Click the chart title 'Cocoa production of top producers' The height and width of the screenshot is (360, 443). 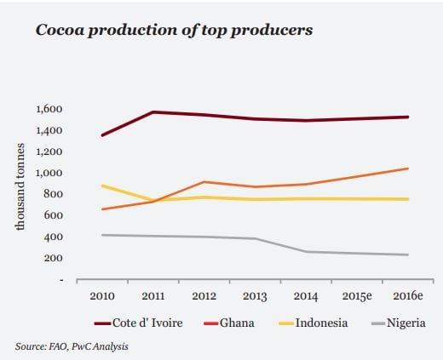[x=174, y=31]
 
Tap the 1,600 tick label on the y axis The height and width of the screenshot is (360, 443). [x=50, y=109]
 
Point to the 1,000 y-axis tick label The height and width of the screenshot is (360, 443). [x=50, y=173]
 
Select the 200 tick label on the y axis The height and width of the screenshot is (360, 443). [x=55, y=258]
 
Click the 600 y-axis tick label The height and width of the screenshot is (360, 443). [x=55, y=215]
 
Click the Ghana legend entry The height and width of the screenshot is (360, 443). [x=231, y=323]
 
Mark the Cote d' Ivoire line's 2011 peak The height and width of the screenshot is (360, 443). [x=152, y=112]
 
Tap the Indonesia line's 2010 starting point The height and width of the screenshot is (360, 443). [x=102, y=186]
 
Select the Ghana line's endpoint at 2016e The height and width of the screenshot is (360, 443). [x=408, y=169]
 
